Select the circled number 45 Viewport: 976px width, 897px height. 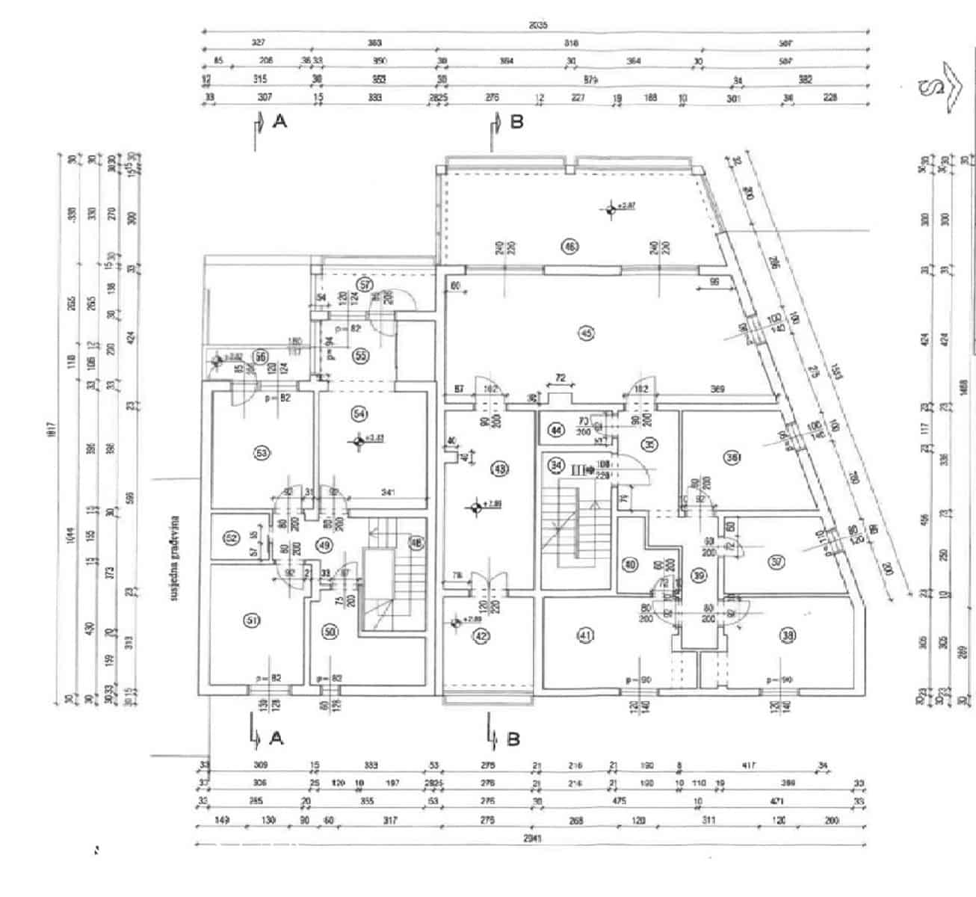(x=585, y=333)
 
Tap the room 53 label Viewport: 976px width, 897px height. (x=262, y=453)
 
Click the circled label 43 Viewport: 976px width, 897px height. (x=499, y=469)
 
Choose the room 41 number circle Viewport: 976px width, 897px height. (x=585, y=635)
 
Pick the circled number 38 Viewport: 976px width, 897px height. (x=787, y=635)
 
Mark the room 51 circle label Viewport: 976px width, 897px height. (x=252, y=620)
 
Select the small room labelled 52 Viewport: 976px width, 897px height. (x=231, y=538)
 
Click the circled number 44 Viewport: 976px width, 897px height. (x=555, y=430)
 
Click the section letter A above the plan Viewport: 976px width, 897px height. (x=280, y=121)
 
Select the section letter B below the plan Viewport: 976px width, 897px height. (x=513, y=739)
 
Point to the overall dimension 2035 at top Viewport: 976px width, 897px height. (x=538, y=25)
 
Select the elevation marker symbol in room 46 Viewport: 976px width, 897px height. (x=611, y=210)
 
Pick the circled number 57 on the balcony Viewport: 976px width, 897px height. (x=365, y=285)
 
